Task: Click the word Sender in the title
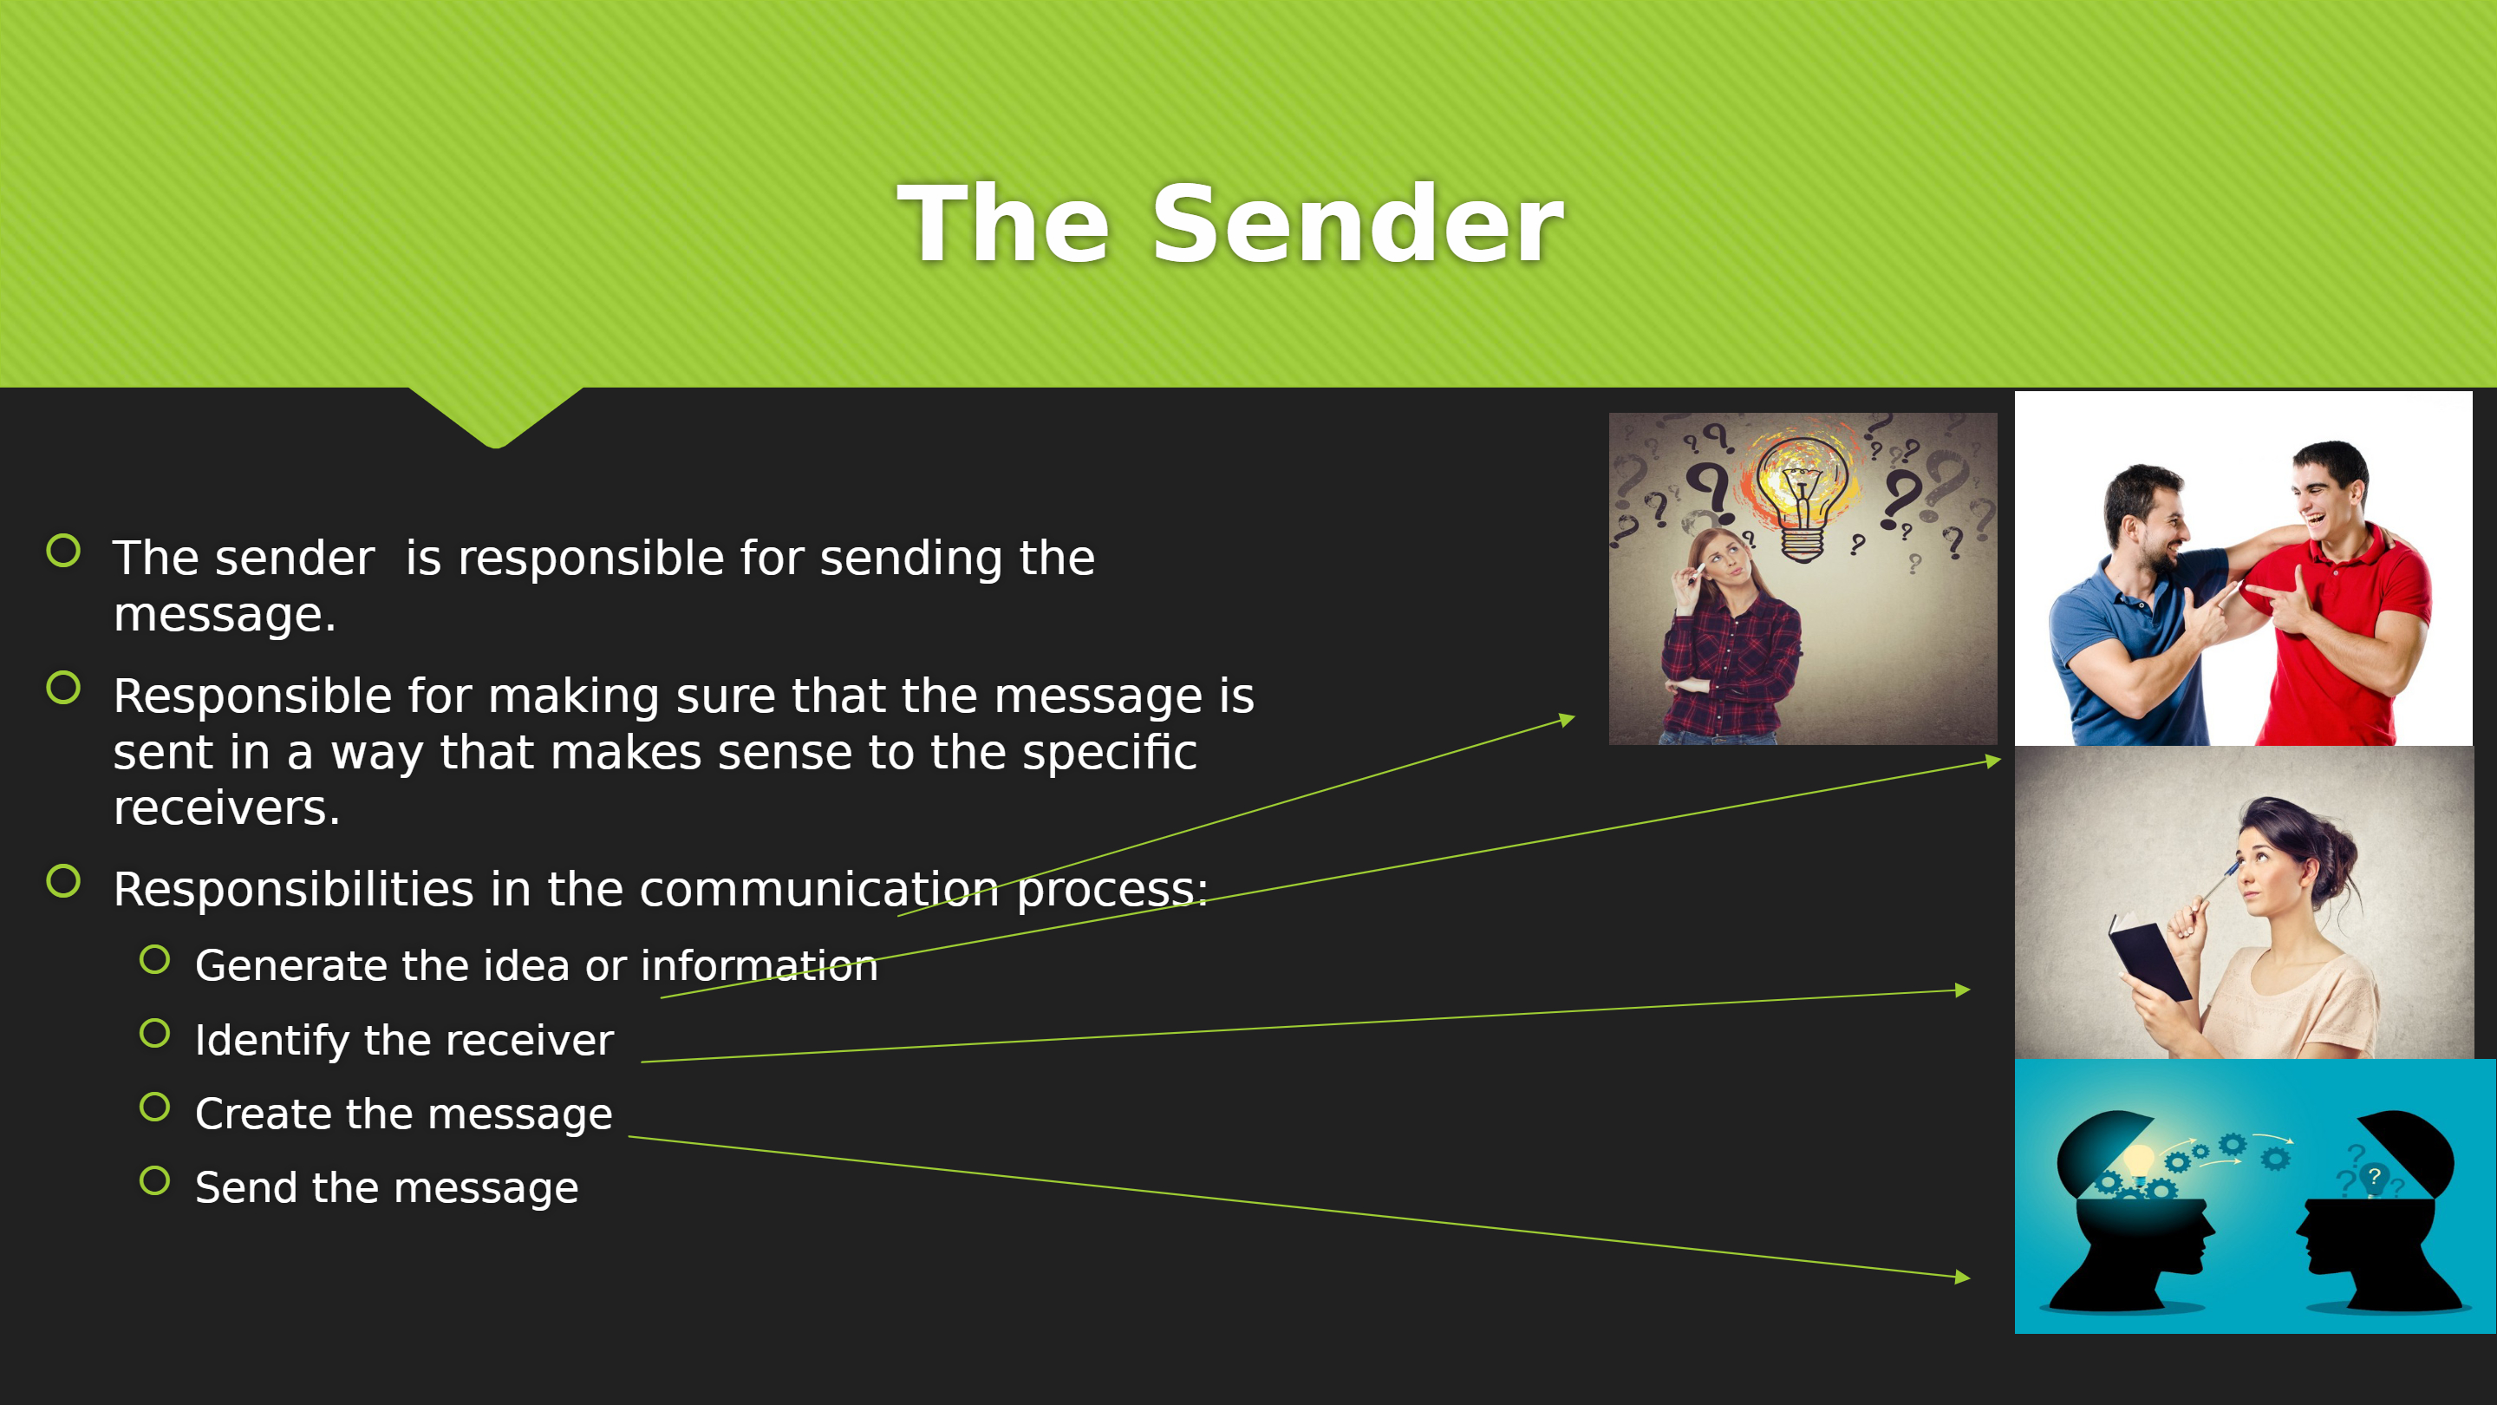click(x=1357, y=224)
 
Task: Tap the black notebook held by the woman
click(x=2149, y=961)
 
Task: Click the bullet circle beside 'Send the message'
click(x=155, y=1181)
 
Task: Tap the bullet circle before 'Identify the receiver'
click(x=155, y=1034)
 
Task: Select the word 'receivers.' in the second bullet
click(x=227, y=807)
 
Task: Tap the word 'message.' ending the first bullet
click(x=225, y=615)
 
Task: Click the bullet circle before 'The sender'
click(x=64, y=551)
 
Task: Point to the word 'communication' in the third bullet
click(x=819, y=890)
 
